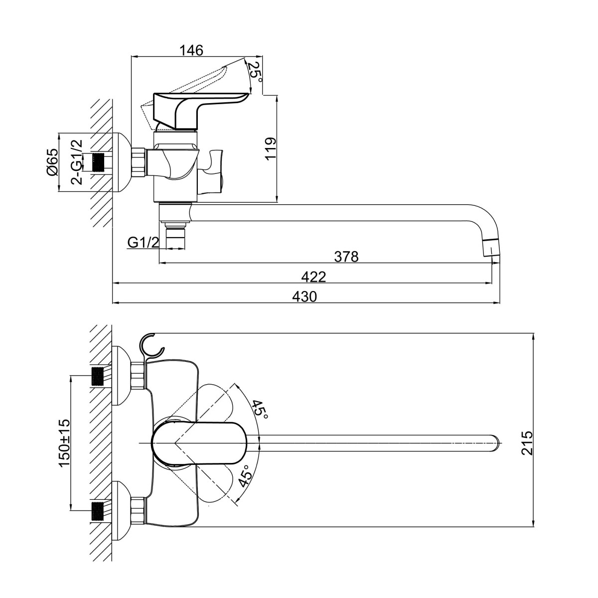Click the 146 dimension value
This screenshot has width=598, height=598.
click(x=191, y=50)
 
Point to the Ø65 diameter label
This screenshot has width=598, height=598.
click(x=52, y=162)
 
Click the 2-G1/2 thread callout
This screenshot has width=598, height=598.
click(x=77, y=162)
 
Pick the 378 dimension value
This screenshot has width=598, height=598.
click(x=346, y=257)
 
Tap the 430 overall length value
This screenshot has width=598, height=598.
click(x=304, y=297)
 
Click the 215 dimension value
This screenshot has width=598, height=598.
click(x=527, y=442)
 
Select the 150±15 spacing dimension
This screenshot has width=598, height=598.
click(x=64, y=443)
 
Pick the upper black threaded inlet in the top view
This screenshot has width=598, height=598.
click(x=100, y=375)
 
